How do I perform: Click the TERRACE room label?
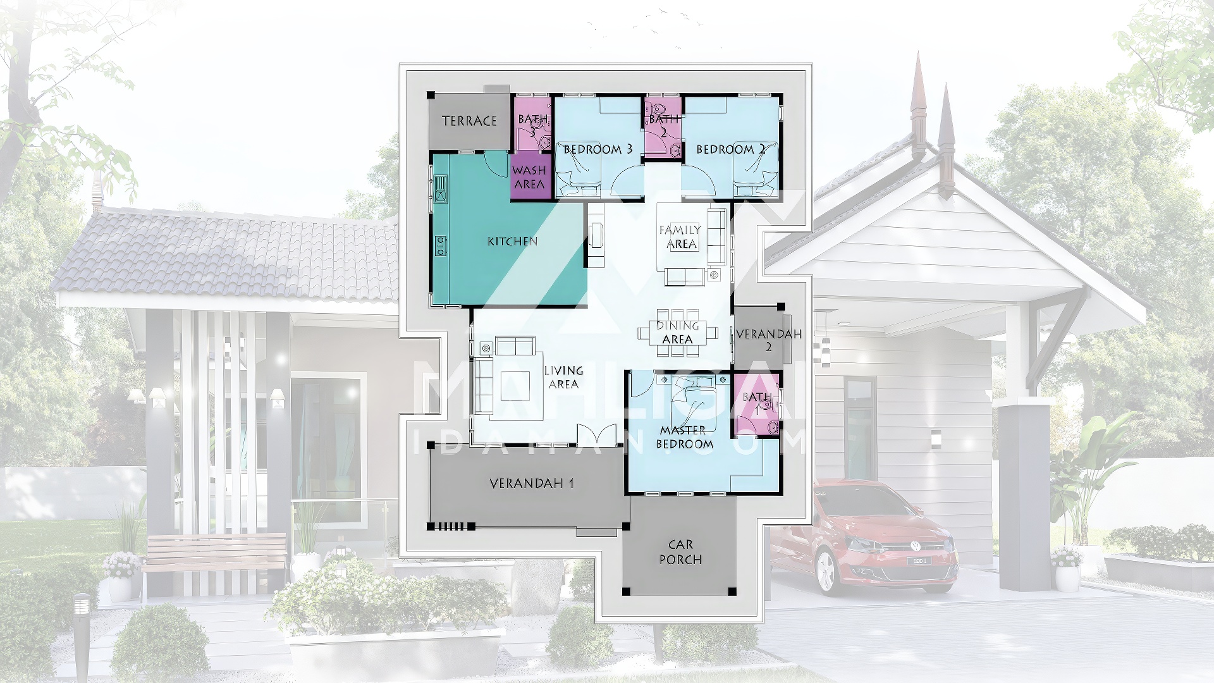[469, 121]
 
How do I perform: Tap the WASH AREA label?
[529, 177]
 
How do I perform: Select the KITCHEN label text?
[512, 241]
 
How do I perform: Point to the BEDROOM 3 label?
[598, 149]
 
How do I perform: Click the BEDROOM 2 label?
[731, 149]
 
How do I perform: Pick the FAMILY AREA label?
[680, 237]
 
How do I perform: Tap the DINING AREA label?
[677, 333]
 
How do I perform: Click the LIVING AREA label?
[563, 378]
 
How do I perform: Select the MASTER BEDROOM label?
[684, 437]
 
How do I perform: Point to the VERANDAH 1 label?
[532, 484]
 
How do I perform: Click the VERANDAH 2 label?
[769, 340]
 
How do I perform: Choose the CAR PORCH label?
[680, 552]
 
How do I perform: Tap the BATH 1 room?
[757, 405]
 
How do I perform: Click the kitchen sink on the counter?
[441, 188]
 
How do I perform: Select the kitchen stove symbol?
[441, 246]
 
